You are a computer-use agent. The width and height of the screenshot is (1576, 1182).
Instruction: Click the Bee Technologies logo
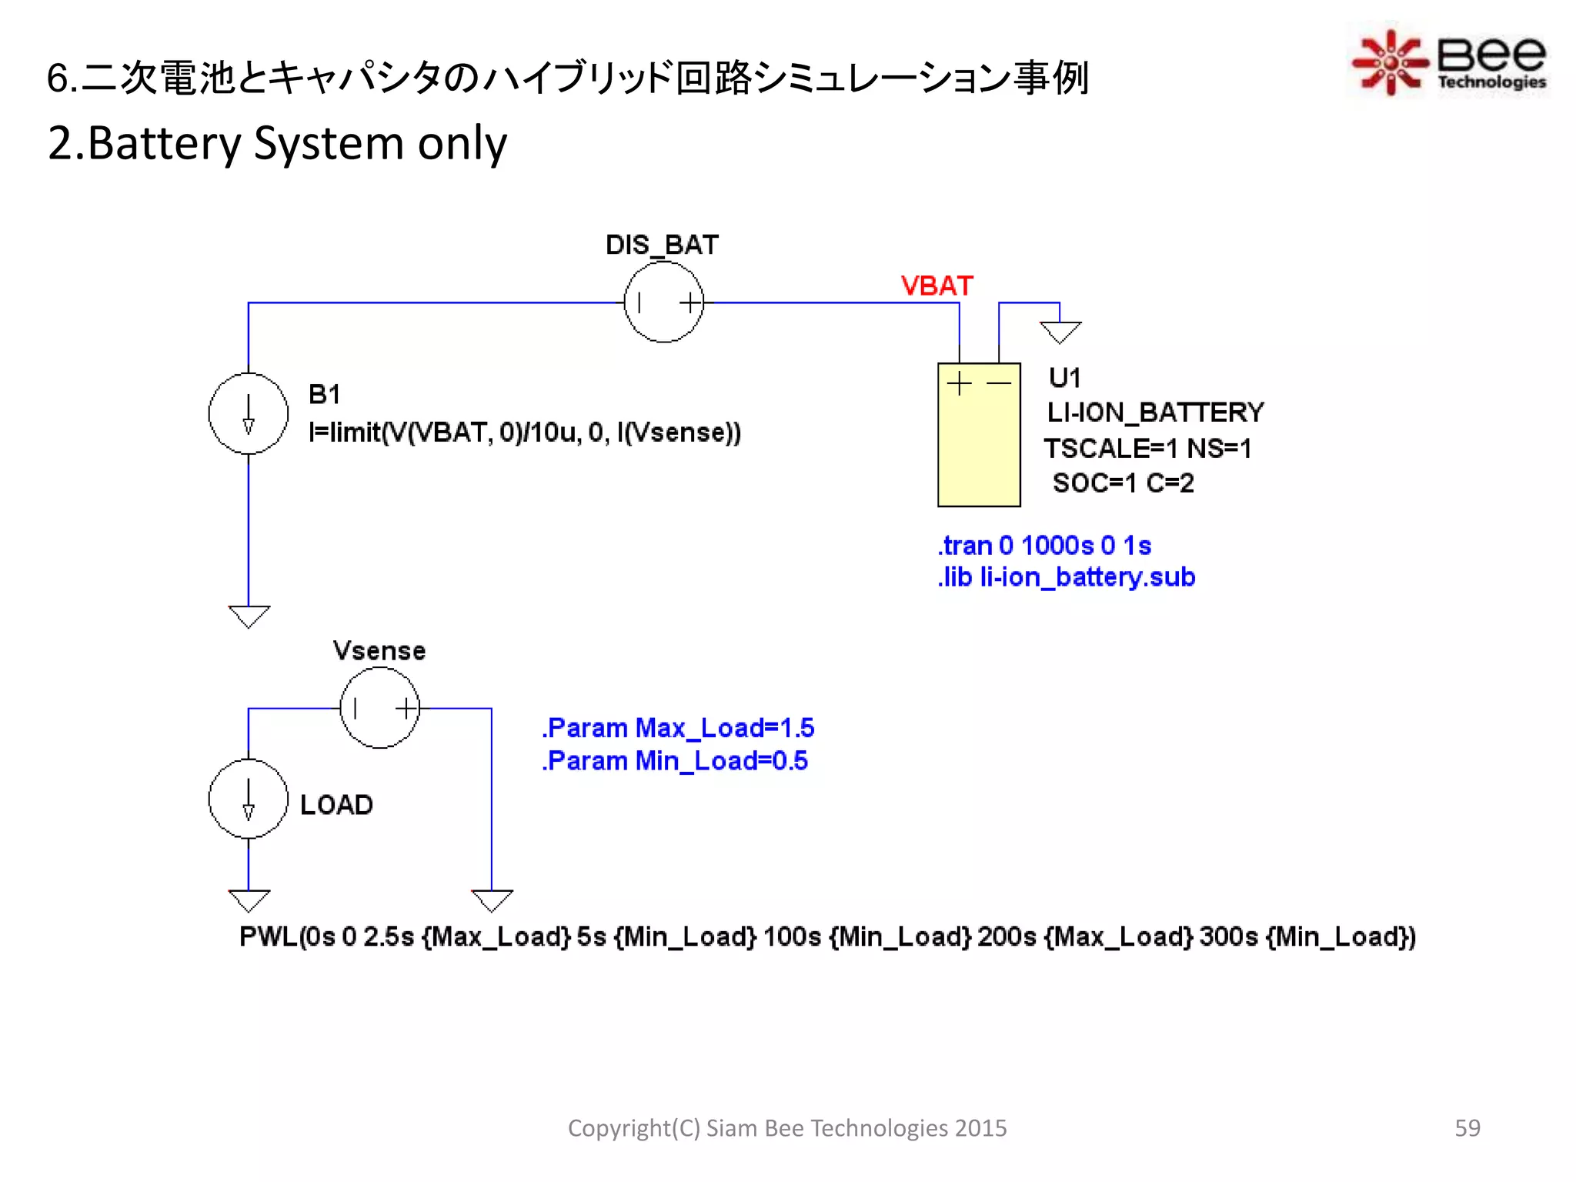pos(1448,62)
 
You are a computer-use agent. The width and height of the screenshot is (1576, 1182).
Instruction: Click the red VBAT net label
pos(937,286)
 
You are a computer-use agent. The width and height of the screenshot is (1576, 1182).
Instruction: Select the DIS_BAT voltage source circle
pos(663,302)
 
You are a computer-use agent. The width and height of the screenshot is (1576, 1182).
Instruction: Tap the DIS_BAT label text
pos(662,245)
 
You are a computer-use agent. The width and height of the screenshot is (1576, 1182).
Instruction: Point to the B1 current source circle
pos(248,413)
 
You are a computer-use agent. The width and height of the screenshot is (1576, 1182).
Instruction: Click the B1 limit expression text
pos(524,432)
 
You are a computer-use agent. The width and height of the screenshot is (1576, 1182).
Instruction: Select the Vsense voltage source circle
pos(379,708)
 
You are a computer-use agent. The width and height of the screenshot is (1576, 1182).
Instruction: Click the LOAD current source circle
pos(248,799)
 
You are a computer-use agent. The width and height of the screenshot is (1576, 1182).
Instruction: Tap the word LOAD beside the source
pos(336,805)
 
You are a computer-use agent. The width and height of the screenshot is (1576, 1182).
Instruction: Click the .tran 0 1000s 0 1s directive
pos(1043,546)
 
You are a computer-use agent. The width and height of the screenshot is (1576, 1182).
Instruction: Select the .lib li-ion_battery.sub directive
pos(1066,577)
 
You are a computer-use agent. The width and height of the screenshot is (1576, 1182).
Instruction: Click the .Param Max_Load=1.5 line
pos(677,728)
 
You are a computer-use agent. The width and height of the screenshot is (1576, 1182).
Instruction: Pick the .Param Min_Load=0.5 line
pos(674,761)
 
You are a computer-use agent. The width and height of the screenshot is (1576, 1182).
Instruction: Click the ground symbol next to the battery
pos(1060,332)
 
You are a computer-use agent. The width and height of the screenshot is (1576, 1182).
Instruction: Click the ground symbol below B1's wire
pos(249,616)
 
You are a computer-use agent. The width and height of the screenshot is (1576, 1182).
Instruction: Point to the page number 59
pos(1467,1127)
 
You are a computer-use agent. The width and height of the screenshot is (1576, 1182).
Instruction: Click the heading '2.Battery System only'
pos(277,143)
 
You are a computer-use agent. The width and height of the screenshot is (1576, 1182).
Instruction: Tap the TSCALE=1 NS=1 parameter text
pos(1147,448)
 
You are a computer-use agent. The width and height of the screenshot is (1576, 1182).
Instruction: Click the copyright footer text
pos(786,1127)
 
